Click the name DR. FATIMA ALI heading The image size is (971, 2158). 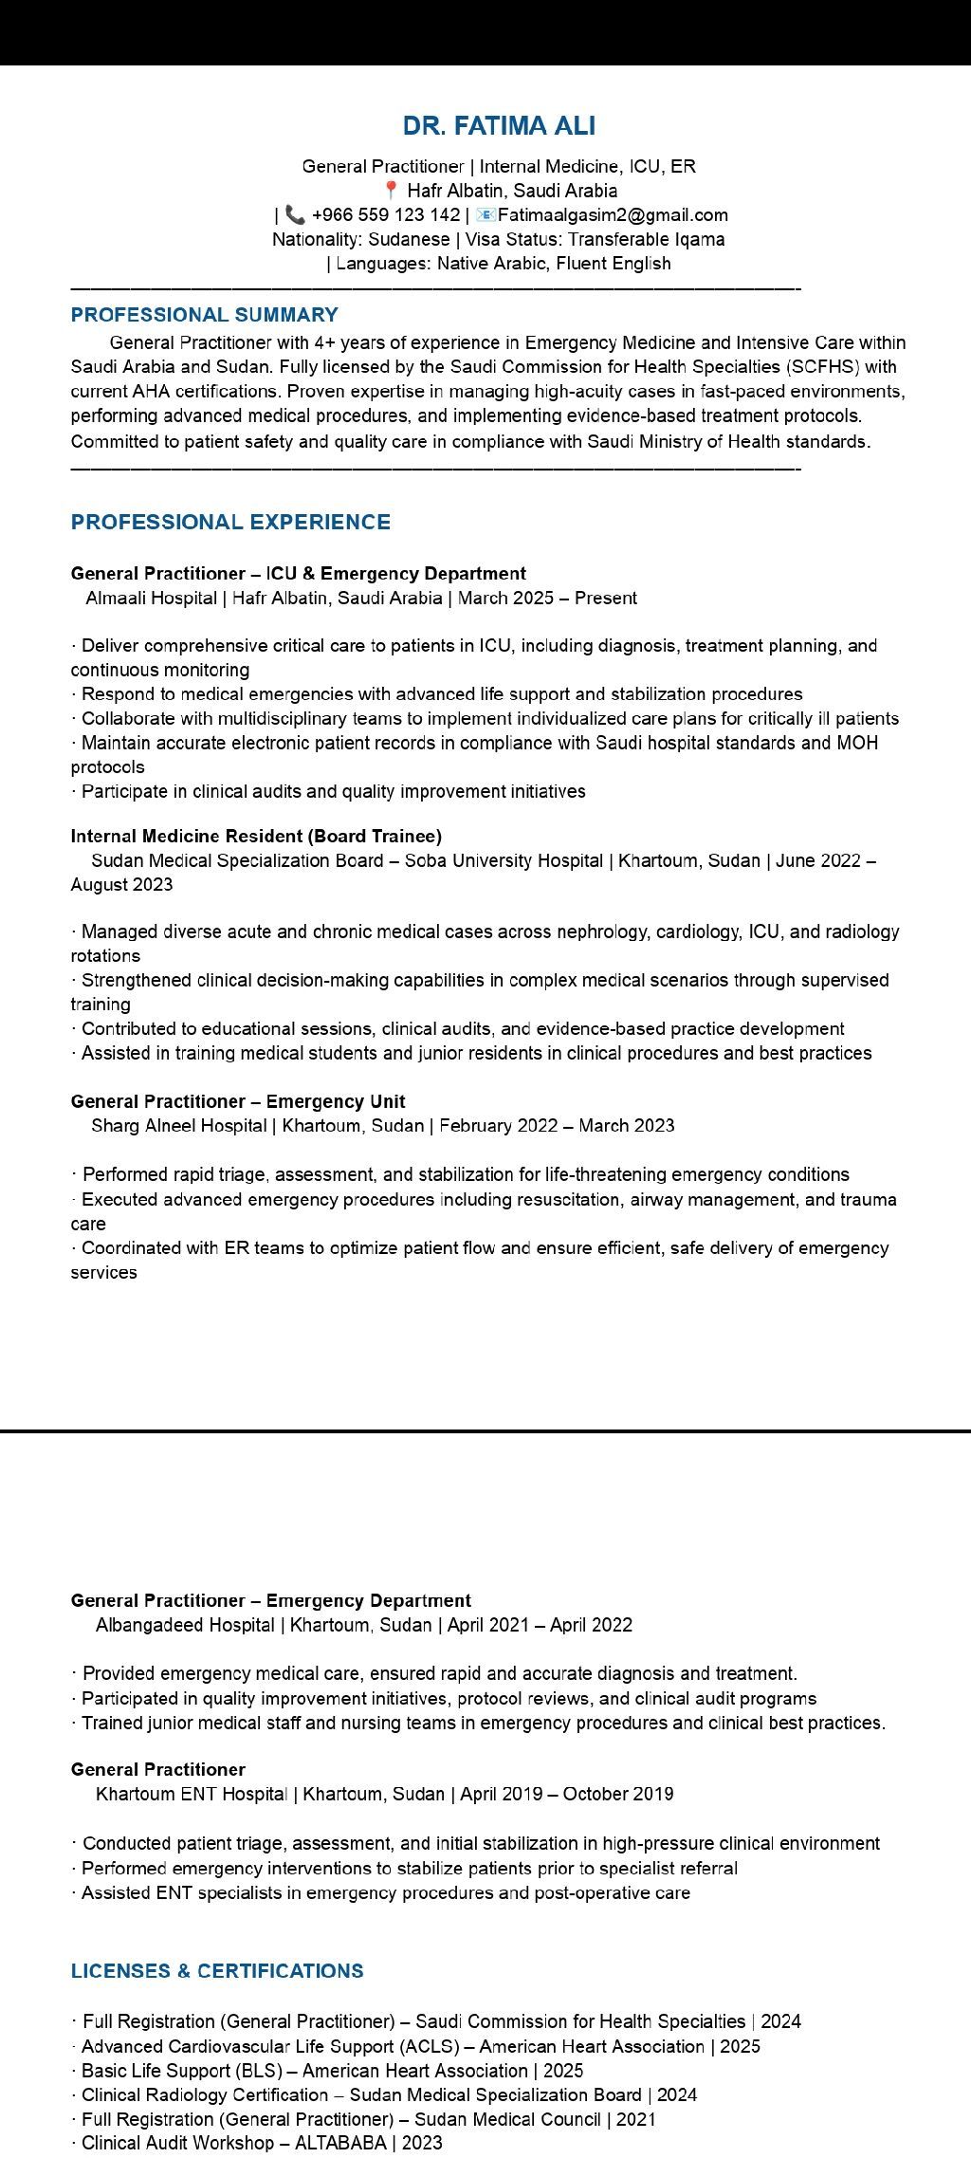click(x=499, y=126)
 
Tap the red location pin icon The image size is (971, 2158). click(x=391, y=191)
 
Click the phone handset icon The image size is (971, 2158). click(x=295, y=215)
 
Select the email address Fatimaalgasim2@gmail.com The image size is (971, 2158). click(x=613, y=215)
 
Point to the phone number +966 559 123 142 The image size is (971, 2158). click(x=385, y=215)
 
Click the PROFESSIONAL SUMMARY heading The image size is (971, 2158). click(x=204, y=315)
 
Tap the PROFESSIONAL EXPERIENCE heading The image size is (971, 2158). click(x=230, y=522)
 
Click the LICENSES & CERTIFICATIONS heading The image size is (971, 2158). click(x=217, y=1970)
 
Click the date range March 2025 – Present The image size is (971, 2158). click(x=547, y=599)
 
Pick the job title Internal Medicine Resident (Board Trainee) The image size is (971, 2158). click(x=256, y=836)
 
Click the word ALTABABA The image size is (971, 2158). click(x=340, y=2143)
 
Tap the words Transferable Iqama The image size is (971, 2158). click(x=646, y=239)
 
